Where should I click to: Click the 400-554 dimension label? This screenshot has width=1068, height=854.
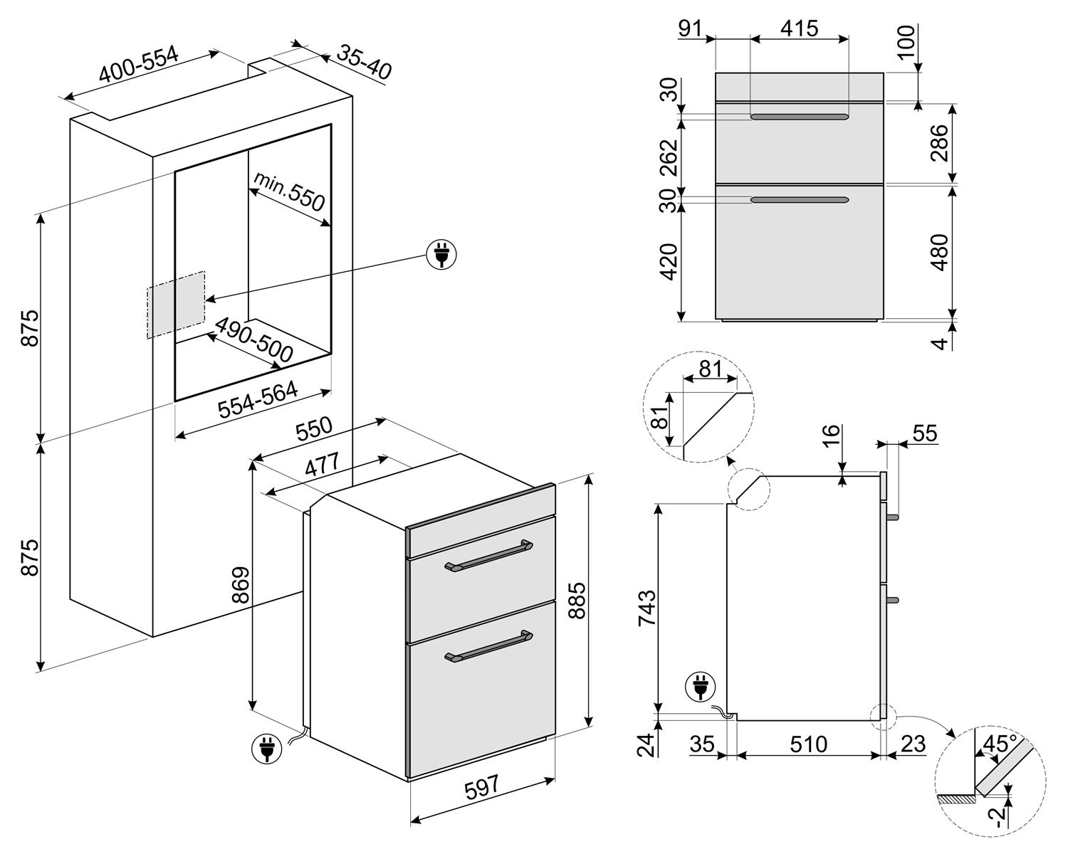(x=138, y=64)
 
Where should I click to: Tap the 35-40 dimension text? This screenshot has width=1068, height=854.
(x=365, y=62)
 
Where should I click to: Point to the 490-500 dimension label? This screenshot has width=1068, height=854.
(x=254, y=340)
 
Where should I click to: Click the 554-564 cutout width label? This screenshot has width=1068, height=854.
(x=258, y=399)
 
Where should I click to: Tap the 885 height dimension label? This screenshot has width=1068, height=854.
(x=577, y=601)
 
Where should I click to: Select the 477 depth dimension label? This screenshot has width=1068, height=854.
(x=322, y=465)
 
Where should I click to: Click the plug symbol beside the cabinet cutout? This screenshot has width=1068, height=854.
(x=441, y=255)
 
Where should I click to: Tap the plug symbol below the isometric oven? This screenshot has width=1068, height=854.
(x=267, y=748)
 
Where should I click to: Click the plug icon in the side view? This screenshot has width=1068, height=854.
(x=701, y=687)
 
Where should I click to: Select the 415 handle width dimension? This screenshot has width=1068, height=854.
(x=799, y=28)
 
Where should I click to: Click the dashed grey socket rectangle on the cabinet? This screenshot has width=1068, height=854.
(x=176, y=305)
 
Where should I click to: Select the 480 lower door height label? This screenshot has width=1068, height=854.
(x=940, y=253)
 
